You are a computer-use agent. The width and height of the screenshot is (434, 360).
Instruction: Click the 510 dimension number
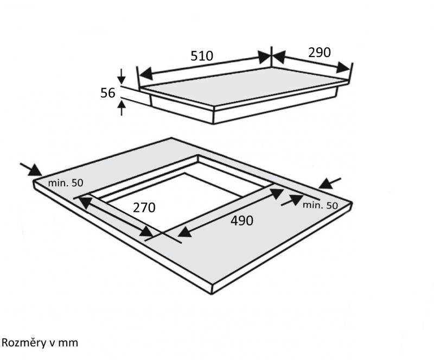(202, 56)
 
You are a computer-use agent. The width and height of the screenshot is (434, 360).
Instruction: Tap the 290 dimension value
(320, 52)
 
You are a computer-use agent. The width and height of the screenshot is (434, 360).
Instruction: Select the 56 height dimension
(107, 93)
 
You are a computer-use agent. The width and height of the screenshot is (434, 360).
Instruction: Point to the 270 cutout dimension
(144, 207)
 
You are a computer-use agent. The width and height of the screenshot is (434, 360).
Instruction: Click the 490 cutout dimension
(242, 220)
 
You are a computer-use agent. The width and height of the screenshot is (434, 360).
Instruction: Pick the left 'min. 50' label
(66, 183)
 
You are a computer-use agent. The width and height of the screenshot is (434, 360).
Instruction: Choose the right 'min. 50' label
(320, 205)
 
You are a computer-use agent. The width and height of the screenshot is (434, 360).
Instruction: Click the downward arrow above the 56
(122, 76)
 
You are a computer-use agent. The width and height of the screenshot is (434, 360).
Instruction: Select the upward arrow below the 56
(122, 108)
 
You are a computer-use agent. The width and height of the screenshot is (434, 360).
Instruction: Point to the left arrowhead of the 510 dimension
(145, 73)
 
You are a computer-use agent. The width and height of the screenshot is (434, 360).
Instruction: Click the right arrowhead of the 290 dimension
(343, 68)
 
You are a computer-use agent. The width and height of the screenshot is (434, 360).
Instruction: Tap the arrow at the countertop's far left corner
(31, 169)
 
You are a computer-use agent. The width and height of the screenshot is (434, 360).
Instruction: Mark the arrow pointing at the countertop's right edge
(330, 183)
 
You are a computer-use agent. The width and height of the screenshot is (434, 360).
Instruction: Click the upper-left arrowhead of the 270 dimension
(85, 202)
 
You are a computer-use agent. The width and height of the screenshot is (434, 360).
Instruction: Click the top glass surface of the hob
(244, 86)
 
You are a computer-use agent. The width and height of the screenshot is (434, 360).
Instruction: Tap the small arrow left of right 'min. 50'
(292, 200)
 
